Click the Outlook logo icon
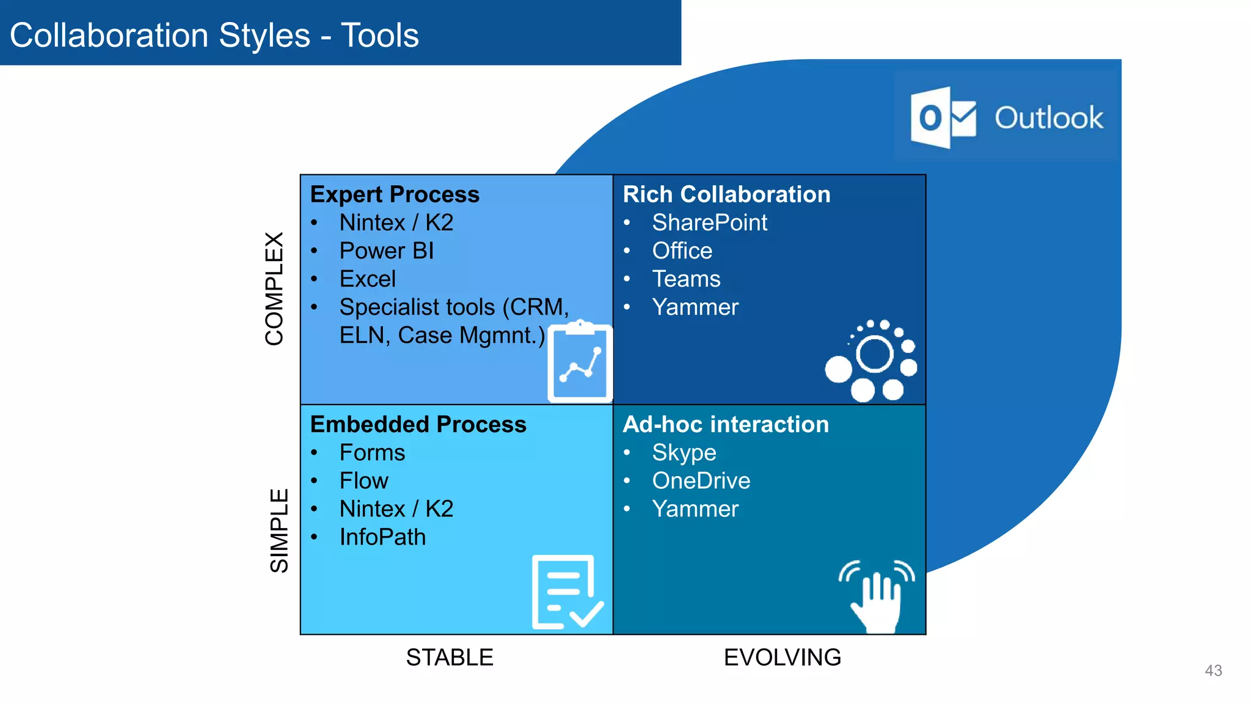tap(943, 117)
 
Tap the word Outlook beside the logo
tap(1048, 118)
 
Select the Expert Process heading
tap(395, 194)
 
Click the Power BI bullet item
tap(386, 251)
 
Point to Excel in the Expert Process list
tap(367, 279)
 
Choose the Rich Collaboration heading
tap(726, 194)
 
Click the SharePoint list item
tap(709, 222)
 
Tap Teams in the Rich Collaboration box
tap(686, 279)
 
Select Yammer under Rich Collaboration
tap(695, 307)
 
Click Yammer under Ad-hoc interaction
tap(695, 508)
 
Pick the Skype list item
tap(684, 453)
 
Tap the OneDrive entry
tap(701, 480)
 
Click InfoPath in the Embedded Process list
tap(382, 537)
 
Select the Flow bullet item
tap(363, 480)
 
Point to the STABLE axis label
tap(450, 658)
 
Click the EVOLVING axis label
tap(782, 658)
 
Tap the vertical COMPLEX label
tap(274, 288)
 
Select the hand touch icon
tap(877, 595)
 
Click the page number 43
tap(1213, 670)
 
